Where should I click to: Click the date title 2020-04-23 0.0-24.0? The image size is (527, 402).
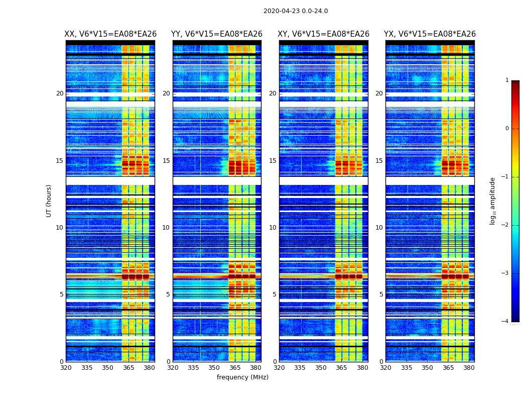(x=296, y=11)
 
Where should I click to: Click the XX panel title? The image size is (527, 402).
(x=110, y=34)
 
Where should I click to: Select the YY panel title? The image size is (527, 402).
(x=217, y=34)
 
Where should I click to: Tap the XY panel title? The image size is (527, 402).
(x=324, y=34)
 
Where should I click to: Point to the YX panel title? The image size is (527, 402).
(x=430, y=34)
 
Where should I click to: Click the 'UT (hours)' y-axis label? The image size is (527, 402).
(x=49, y=200)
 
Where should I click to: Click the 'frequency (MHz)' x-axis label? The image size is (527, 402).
(x=242, y=377)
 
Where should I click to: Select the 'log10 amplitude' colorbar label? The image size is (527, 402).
(x=493, y=200)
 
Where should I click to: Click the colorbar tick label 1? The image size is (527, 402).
(x=506, y=80)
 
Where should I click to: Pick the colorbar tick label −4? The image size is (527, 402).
(x=505, y=322)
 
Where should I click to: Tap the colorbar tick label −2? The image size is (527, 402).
(x=505, y=225)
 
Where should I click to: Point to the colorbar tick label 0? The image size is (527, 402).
(x=506, y=129)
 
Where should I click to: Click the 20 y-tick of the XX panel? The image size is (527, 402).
(x=60, y=93)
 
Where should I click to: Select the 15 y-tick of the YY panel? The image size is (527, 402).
(x=166, y=161)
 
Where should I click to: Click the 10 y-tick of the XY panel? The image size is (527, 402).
(x=273, y=228)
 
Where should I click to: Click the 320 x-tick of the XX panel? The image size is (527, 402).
(x=66, y=368)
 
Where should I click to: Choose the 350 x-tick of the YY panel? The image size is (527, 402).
(x=214, y=368)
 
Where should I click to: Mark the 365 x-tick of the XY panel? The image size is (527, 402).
(x=341, y=368)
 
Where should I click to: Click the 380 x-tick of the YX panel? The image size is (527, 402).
(x=469, y=368)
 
